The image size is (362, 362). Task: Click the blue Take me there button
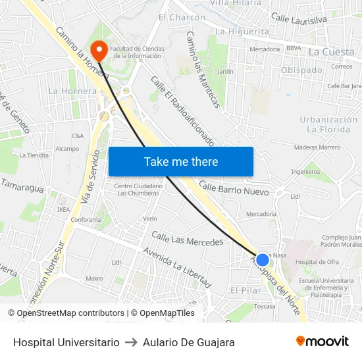click(x=181, y=162)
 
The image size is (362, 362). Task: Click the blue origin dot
click(x=263, y=260)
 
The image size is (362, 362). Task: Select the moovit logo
click(x=323, y=342)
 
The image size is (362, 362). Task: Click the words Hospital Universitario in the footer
click(x=66, y=342)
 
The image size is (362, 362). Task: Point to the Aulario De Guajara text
click(x=189, y=342)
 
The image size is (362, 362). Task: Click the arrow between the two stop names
click(x=131, y=342)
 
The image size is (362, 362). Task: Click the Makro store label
click(x=94, y=278)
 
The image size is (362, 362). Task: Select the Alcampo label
click(x=67, y=149)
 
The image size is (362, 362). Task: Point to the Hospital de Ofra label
click(x=317, y=262)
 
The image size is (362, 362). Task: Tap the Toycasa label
click(x=265, y=306)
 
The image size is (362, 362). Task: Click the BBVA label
click(x=294, y=48)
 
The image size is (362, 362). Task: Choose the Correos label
click(x=342, y=66)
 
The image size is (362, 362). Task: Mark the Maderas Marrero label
click(x=317, y=147)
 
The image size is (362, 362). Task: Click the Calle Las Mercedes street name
click(x=188, y=238)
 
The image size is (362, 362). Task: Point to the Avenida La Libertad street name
click(x=177, y=267)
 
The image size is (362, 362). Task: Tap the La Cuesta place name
click(x=331, y=52)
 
